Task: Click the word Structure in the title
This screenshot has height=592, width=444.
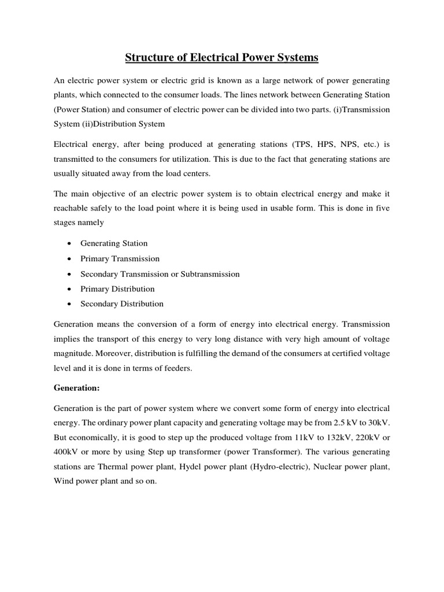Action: (147, 58)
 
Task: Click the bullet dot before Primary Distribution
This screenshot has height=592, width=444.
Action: (69, 289)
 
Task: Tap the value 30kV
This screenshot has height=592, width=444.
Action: (378, 423)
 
